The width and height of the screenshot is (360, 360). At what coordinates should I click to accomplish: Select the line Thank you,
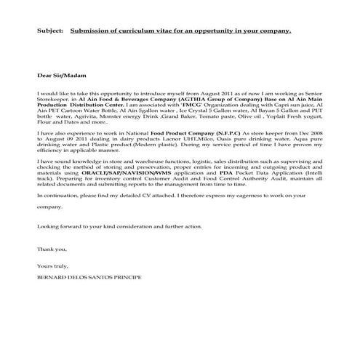coord(49,249)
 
